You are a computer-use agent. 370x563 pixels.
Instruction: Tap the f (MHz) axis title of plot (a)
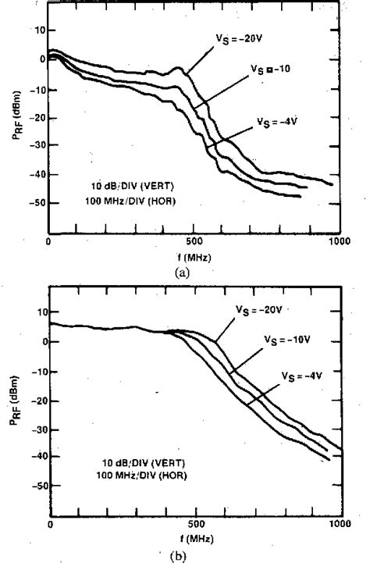pos(193,256)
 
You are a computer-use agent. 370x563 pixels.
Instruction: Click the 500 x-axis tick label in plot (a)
pos(194,242)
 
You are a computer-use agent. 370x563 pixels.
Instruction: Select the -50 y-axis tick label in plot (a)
pos(34,203)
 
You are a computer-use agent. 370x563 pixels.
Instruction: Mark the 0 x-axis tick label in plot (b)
pos(50,524)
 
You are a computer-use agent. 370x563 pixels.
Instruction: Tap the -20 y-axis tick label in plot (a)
pos(34,117)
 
